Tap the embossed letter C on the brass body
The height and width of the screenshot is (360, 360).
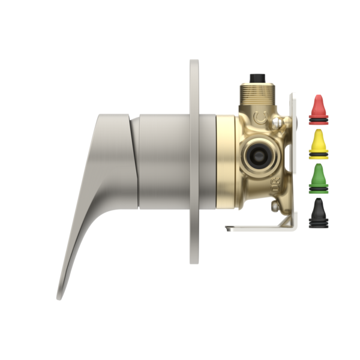tap(260, 116)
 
